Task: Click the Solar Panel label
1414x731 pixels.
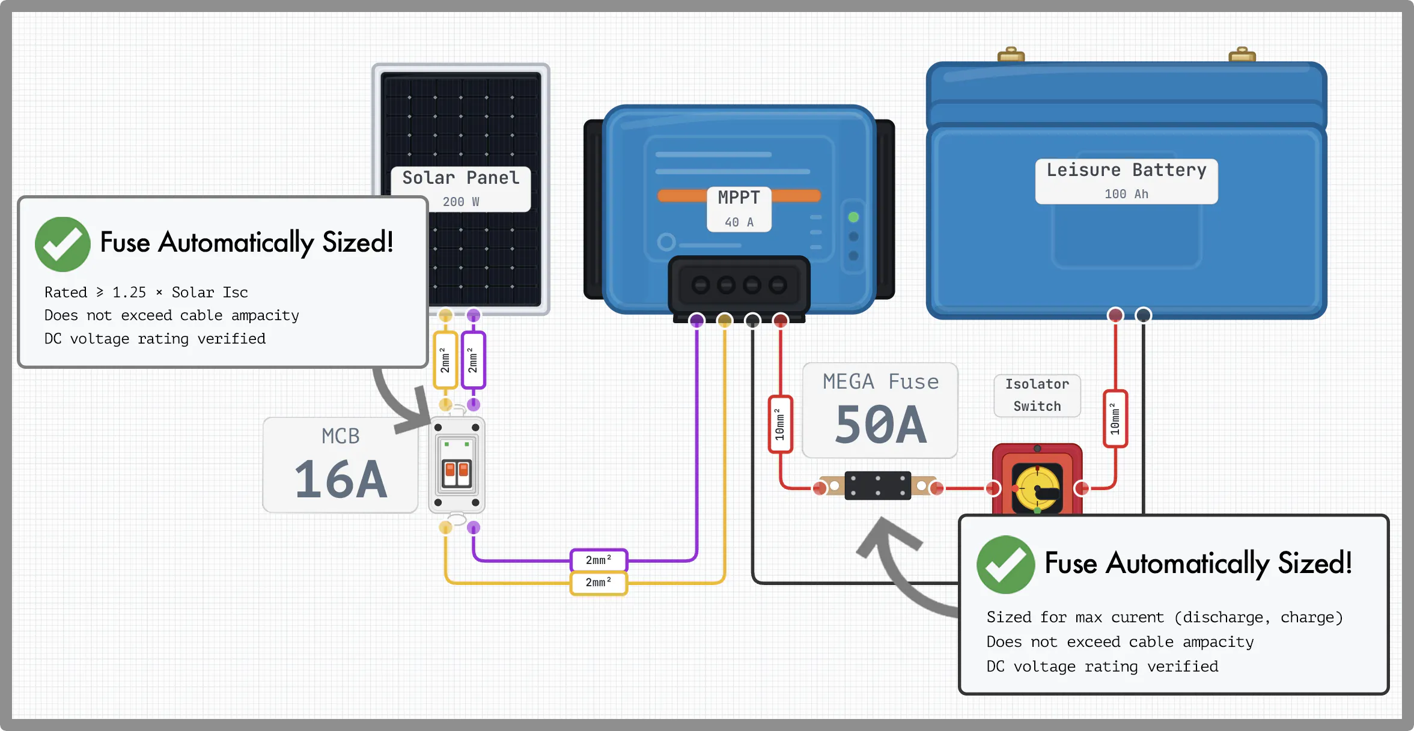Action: [461, 178]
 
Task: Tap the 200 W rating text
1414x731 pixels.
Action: [461, 202]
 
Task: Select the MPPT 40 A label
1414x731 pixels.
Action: [739, 209]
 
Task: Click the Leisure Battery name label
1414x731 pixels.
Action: [1126, 170]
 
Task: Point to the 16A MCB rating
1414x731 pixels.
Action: [341, 479]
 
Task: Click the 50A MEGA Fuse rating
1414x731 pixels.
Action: [880, 425]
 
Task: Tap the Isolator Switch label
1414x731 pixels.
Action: [1037, 395]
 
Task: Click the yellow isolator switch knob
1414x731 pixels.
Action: [1037, 488]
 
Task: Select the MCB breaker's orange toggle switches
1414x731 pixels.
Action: [457, 473]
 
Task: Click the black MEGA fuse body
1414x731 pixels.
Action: [877, 486]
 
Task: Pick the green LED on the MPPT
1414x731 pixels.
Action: [853, 217]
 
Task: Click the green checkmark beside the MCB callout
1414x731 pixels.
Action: [62, 244]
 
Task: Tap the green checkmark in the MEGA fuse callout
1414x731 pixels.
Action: [1005, 565]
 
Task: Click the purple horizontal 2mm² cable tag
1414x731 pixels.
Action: [599, 560]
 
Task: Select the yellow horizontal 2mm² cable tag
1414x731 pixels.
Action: [599, 583]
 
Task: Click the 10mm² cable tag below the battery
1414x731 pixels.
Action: [1115, 419]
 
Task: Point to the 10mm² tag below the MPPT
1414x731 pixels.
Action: [780, 425]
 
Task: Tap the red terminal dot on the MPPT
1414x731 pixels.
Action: [780, 321]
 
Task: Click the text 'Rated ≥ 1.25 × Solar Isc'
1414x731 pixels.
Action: [146, 293]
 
